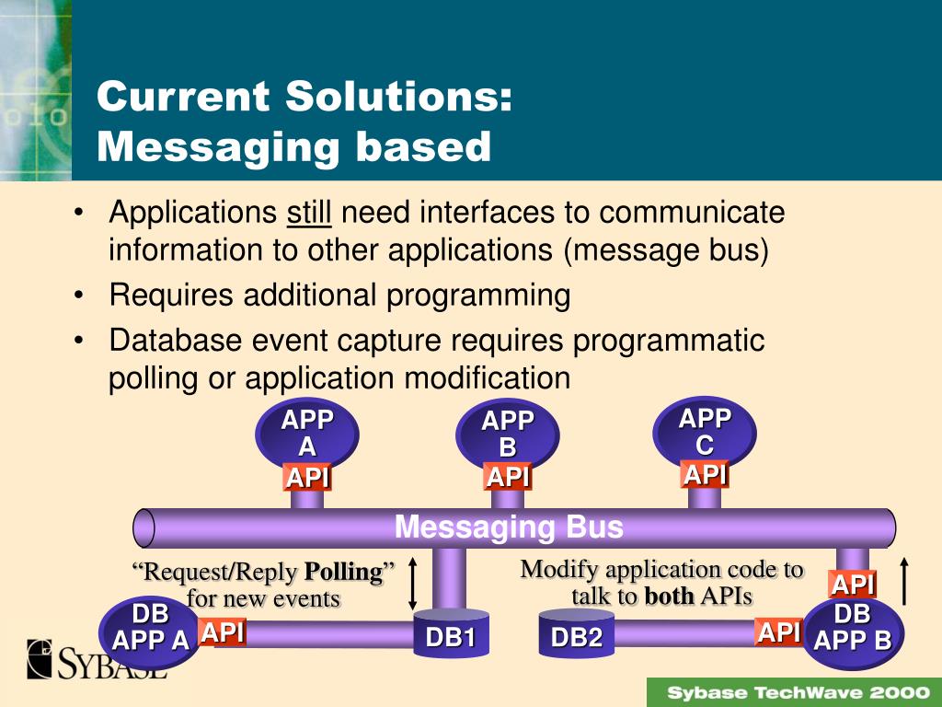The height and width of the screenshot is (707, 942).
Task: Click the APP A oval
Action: pos(307,435)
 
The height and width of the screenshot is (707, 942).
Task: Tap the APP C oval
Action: pos(705,432)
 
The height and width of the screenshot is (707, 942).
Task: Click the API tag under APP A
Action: pos(307,479)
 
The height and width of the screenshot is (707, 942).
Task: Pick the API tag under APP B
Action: pos(508,478)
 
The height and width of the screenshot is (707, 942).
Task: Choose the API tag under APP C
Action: pos(705,475)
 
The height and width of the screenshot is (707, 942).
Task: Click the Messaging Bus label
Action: pos(509,527)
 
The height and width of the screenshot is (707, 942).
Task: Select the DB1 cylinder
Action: pos(451,635)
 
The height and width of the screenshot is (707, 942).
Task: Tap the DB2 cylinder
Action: pos(576,635)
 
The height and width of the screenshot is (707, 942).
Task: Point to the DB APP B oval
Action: pos(853,628)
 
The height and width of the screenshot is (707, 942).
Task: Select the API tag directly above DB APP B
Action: pos(853,585)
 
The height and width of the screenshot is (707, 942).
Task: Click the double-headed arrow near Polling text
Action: pos(413,583)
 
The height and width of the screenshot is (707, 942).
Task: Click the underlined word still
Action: pos(309,214)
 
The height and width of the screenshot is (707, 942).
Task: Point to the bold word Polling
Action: pos(343,572)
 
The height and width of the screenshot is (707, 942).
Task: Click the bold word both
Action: pos(669,596)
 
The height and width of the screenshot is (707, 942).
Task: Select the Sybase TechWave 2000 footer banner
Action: pos(793,692)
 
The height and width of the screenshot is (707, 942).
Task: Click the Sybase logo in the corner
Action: pos(97,659)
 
